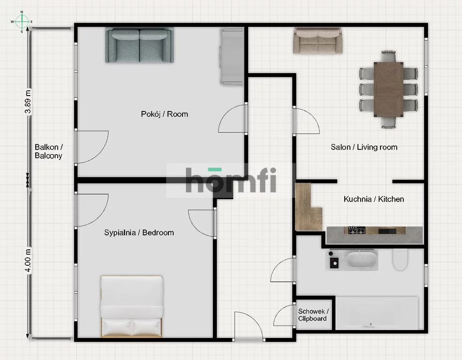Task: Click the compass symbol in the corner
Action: [x=22, y=22]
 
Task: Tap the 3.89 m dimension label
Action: [x=28, y=102]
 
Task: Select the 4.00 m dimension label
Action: [x=28, y=260]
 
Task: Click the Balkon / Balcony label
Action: [x=49, y=151]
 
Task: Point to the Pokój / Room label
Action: [x=165, y=114]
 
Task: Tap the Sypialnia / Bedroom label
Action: [x=139, y=232]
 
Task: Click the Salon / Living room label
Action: [x=364, y=147]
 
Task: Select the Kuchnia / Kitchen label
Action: [x=374, y=199]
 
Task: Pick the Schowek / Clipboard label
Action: [x=313, y=315]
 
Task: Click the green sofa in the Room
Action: [x=139, y=45]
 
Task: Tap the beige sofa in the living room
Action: [x=318, y=41]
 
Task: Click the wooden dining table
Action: [x=389, y=90]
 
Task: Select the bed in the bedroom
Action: [x=131, y=306]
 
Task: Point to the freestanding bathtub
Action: [x=362, y=259]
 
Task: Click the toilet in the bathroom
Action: [x=400, y=260]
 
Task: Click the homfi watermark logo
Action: [x=231, y=180]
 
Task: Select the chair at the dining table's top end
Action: [x=388, y=56]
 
